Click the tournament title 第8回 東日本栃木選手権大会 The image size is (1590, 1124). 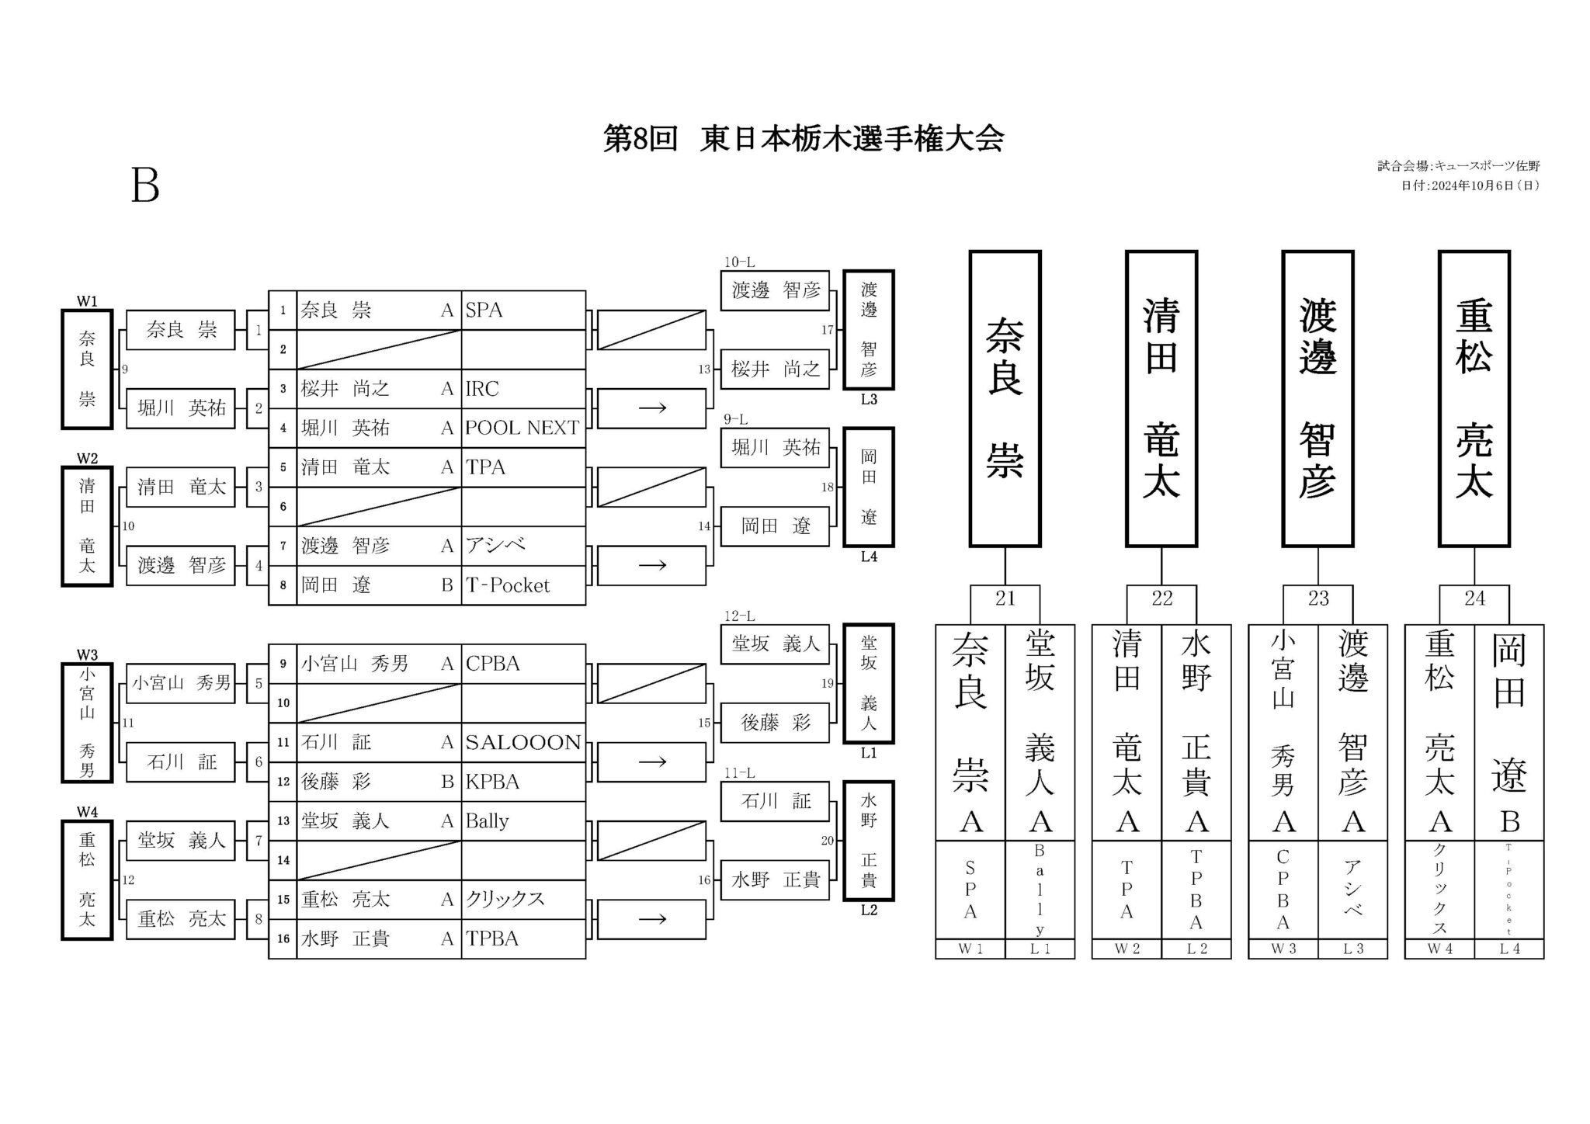coord(804,139)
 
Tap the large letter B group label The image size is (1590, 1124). coord(145,186)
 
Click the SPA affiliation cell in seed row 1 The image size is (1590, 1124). coord(523,310)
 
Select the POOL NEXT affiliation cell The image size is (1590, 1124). coord(523,428)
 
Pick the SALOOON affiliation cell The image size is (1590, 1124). coord(523,742)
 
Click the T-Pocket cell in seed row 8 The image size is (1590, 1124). coord(523,585)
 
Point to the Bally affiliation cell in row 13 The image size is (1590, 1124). coord(523,821)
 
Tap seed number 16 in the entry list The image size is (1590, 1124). coord(283,939)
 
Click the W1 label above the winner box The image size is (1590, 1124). coord(87,301)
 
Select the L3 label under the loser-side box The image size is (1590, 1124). coord(869,400)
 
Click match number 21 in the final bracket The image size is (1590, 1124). coord(1005,598)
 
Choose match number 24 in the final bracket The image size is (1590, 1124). coord(1474,598)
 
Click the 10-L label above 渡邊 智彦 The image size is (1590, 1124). coord(739,262)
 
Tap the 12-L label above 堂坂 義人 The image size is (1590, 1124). coord(739,616)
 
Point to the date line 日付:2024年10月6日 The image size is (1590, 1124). coord(1470,186)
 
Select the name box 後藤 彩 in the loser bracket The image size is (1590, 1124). coord(776,723)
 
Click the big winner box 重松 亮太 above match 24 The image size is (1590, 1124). coord(1474,399)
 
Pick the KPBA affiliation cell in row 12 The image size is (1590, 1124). coord(523,782)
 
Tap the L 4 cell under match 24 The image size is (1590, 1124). coord(1509,949)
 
